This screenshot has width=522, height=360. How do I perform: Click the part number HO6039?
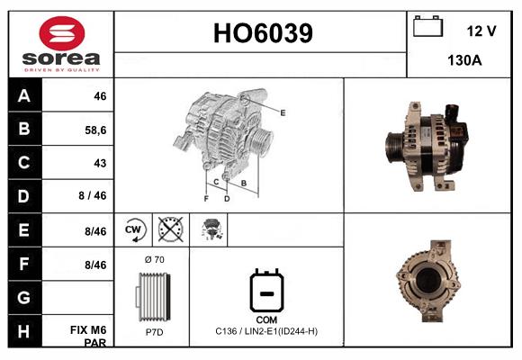pyautogui.click(x=262, y=33)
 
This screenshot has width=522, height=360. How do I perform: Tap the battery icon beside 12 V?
pyautogui.click(x=427, y=27)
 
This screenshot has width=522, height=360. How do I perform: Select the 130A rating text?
pyautogui.click(x=464, y=61)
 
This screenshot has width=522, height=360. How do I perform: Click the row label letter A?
pyautogui.click(x=24, y=95)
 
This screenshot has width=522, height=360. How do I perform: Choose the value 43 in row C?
pyautogui.click(x=99, y=163)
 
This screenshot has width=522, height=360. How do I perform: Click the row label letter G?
pyautogui.click(x=24, y=297)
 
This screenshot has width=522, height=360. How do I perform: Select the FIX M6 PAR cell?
pyautogui.click(x=94, y=336)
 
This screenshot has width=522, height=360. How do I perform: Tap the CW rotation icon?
pyautogui.click(x=134, y=229)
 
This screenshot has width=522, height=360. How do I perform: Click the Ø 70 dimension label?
pyautogui.click(x=154, y=259)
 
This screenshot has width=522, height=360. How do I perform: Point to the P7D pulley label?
pyautogui.click(x=154, y=331)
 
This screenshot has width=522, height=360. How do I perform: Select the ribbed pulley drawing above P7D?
pyautogui.click(x=153, y=295)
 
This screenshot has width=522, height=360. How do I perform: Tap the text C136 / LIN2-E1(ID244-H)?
pyautogui.click(x=266, y=331)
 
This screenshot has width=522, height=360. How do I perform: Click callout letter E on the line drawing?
pyautogui.click(x=283, y=112)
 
